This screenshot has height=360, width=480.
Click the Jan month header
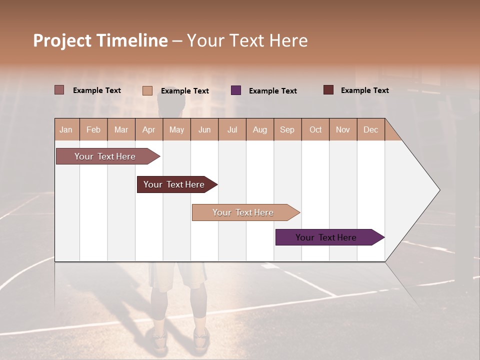coord(66,130)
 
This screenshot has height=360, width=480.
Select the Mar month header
coord(121,130)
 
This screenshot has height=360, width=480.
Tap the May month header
coord(176,130)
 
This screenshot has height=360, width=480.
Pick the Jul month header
coord(232,130)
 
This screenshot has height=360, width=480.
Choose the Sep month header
coord(287,130)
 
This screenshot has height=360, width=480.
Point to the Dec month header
coord(370,130)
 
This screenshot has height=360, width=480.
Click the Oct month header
coord(315,130)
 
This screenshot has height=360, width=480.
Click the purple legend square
coord(236,90)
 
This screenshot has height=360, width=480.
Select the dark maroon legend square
coord(328,90)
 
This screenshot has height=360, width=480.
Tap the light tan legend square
coord(147,90)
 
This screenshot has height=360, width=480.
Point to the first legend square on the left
coord(59,90)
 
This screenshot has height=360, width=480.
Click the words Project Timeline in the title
coord(100,40)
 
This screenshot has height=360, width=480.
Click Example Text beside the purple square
coord(272,91)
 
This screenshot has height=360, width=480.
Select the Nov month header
coord(343,130)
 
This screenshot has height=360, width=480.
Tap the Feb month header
coord(93,130)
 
